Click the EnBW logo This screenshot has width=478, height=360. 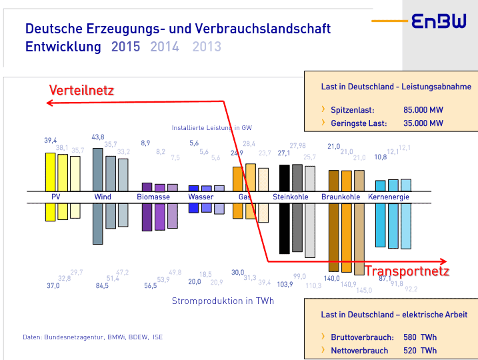tap(439, 22)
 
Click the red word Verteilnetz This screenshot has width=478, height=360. tap(82, 91)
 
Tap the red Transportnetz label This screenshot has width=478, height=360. tap(407, 271)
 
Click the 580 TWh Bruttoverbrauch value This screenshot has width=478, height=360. tap(420, 337)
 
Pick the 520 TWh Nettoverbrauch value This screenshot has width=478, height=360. tap(420, 350)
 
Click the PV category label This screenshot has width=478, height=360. tap(55, 197)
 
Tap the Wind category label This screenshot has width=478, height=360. tap(103, 197)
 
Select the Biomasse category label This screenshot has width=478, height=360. tap(153, 197)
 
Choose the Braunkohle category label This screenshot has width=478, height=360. tap(341, 197)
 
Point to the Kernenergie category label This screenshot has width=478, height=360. tap(389, 197)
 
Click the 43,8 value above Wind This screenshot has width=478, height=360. tap(98, 137)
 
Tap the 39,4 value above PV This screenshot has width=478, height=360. tap(51, 141)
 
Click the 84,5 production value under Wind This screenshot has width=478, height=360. tap(102, 286)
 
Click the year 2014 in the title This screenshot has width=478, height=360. tap(165, 47)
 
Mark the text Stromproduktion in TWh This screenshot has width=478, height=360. tap(223, 301)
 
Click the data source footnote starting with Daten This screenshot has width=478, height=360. tap(93, 337)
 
